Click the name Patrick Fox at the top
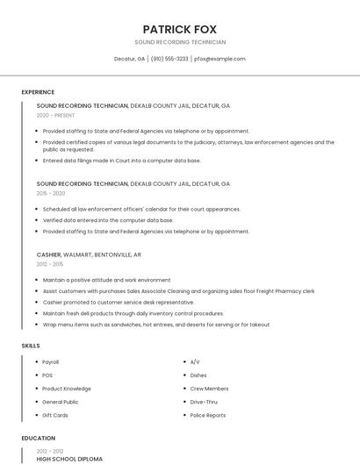[x=180, y=29]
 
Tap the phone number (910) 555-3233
[x=169, y=59]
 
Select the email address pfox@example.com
[x=220, y=59]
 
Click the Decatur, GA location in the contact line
[x=129, y=59]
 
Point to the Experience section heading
[x=38, y=92]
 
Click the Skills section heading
[x=31, y=346]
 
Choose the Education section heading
[x=38, y=438]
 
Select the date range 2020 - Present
[x=55, y=115]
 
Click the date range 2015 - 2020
[x=51, y=193]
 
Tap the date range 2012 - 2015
[x=50, y=263]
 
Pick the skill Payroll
[x=51, y=361]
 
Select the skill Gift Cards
[x=54, y=415]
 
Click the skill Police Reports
[x=207, y=415]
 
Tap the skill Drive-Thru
[x=204, y=402]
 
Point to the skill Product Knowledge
[x=67, y=388]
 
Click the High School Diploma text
[x=69, y=459]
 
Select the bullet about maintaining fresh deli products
[x=133, y=313]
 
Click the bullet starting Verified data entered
[x=107, y=220]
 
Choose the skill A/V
[x=195, y=361]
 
